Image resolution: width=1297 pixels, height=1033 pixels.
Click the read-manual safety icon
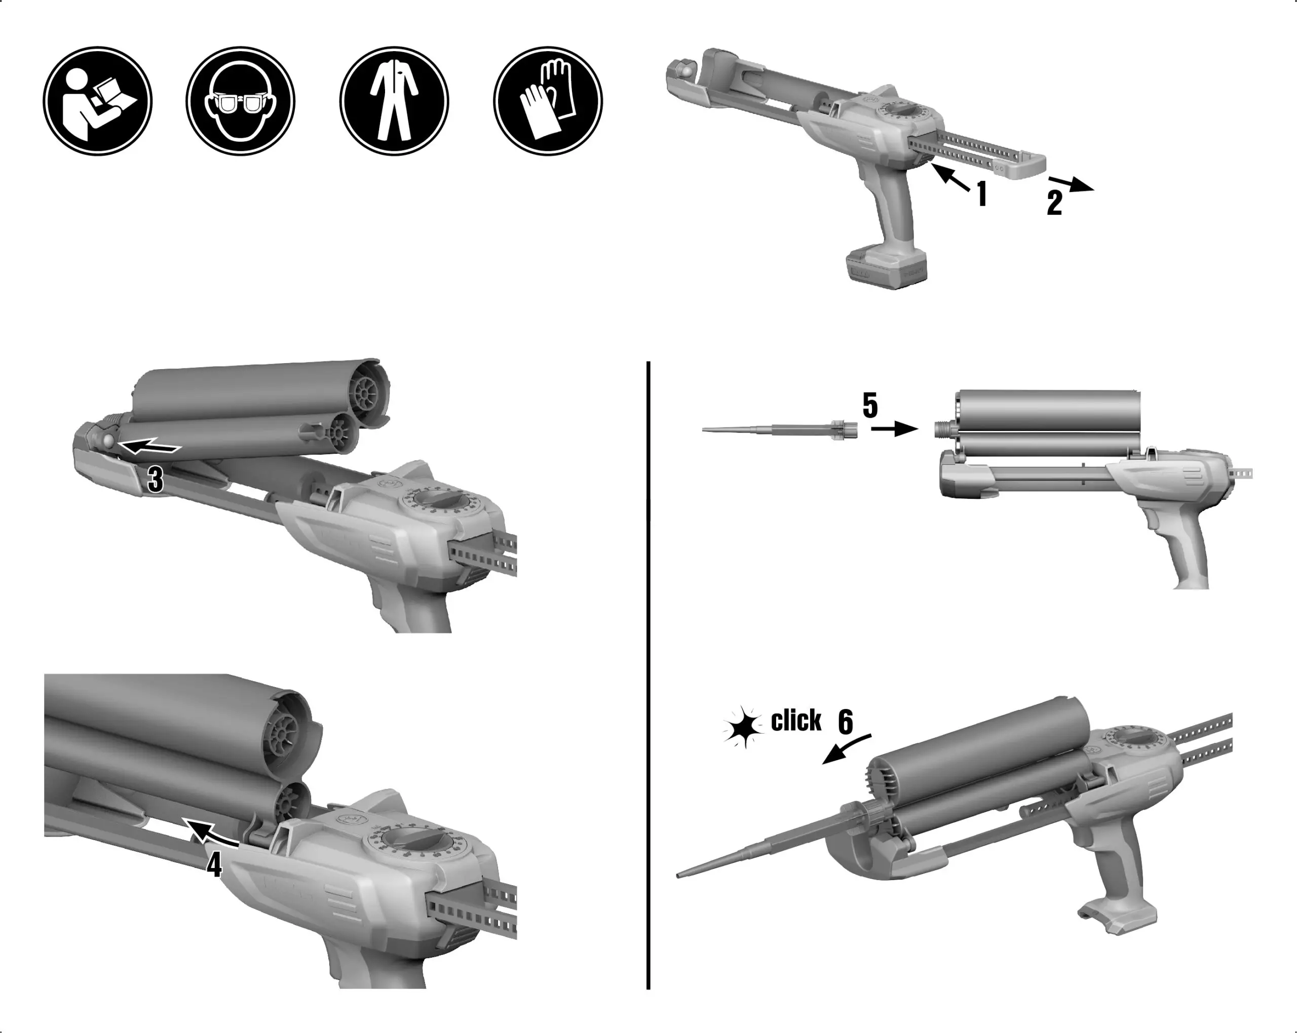pos(97,101)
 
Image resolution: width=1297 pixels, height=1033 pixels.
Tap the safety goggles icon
pos(240,101)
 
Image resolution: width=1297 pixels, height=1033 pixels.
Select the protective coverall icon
pos(394,101)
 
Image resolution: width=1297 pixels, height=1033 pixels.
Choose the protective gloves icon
pos(548,101)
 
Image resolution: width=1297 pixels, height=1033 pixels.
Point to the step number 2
pos(1054,203)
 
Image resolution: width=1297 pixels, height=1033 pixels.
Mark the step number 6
pos(845,722)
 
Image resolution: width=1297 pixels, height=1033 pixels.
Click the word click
pos(796,721)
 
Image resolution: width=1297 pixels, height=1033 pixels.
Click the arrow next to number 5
pos(895,429)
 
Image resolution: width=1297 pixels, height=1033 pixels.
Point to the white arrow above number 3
pos(149,447)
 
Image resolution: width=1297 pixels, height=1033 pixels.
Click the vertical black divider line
pos(648,673)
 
